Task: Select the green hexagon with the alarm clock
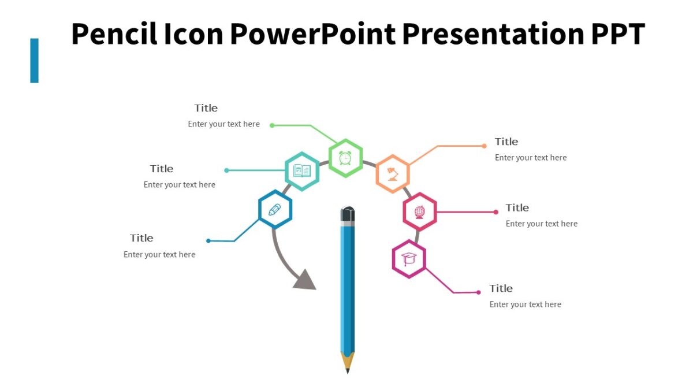click(x=345, y=158)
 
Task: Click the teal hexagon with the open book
click(x=302, y=171)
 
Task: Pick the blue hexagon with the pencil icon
click(x=275, y=209)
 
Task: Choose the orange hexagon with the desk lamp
click(x=393, y=173)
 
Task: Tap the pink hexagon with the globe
click(x=420, y=212)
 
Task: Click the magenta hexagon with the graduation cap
click(x=409, y=259)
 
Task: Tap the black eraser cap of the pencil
click(x=348, y=215)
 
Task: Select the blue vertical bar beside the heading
click(x=35, y=60)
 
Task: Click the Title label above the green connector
click(x=206, y=108)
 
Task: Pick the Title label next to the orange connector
click(x=506, y=142)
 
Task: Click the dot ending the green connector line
click(x=272, y=125)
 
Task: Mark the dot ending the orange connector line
click(x=484, y=146)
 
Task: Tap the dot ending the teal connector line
click(x=226, y=170)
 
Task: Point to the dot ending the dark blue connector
click(x=208, y=241)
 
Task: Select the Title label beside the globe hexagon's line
click(x=517, y=207)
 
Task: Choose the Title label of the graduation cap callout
click(x=501, y=288)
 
